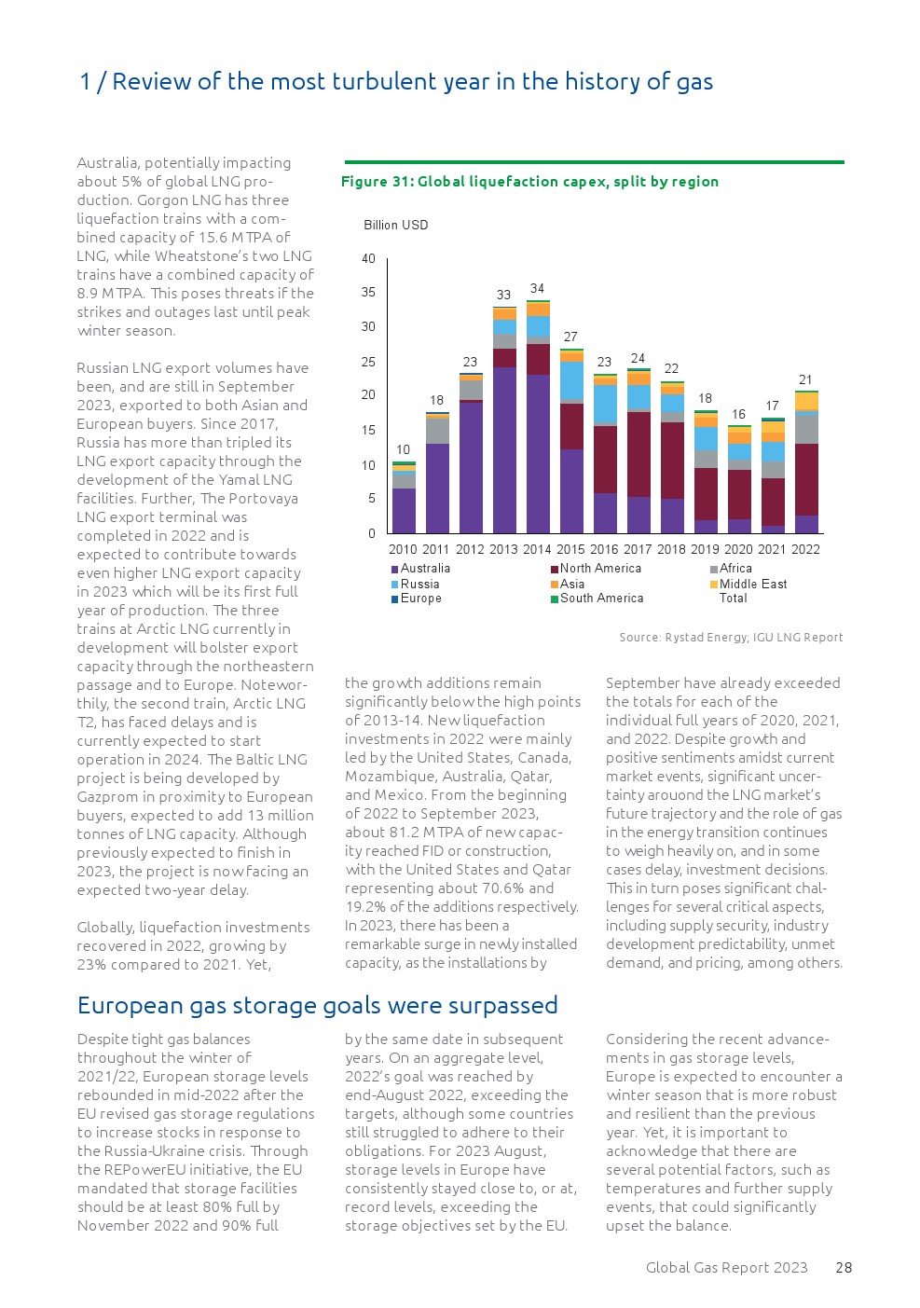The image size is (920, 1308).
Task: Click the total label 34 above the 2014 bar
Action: (x=537, y=289)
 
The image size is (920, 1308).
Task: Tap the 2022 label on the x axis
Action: (x=805, y=549)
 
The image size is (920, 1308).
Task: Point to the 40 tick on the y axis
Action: (x=369, y=258)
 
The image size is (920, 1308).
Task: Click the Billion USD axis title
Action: (x=396, y=225)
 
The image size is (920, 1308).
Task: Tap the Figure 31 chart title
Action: (x=529, y=182)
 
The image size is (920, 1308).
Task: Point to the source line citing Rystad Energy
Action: (x=731, y=638)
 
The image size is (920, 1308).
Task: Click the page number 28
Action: (x=844, y=1267)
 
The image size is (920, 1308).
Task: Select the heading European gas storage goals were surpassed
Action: (x=318, y=1005)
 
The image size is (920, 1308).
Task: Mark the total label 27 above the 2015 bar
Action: (x=570, y=337)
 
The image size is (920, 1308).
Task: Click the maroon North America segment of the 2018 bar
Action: (x=672, y=461)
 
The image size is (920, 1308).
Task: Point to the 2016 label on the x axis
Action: (x=604, y=549)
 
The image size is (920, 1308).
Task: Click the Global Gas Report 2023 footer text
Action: (x=727, y=1267)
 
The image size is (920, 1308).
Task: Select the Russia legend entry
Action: (x=419, y=585)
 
